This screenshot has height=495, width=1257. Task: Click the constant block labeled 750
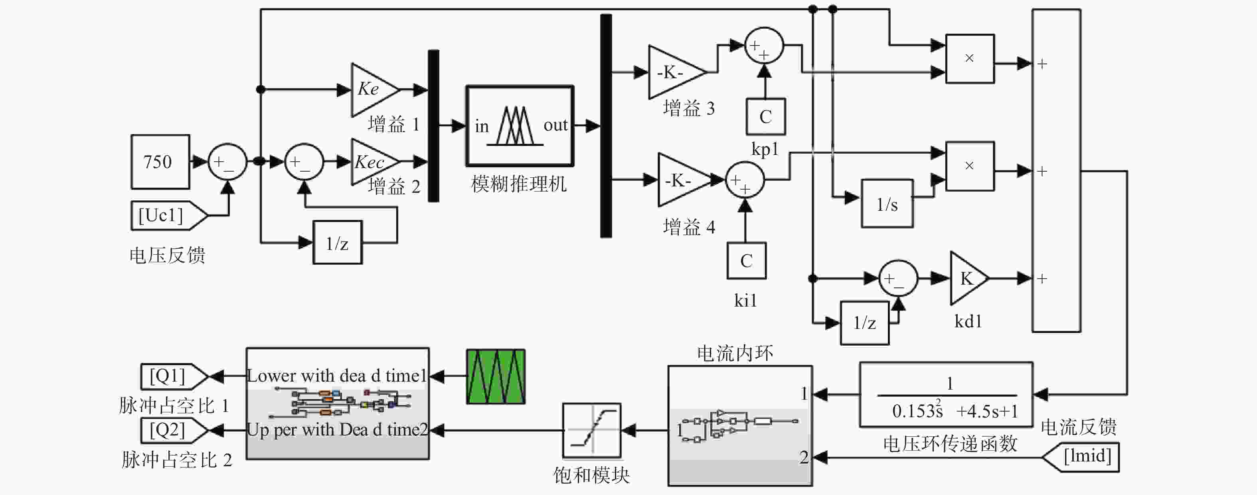click(160, 162)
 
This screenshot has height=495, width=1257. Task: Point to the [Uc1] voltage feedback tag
click(169, 215)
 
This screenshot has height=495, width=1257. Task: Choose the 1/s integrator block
click(887, 204)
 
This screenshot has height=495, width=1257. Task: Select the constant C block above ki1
click(747, 261)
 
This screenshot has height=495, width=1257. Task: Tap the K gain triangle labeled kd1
click(968, 278)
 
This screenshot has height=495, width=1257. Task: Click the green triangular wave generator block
click(496, 376)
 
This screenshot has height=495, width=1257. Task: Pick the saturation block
click(591, 431)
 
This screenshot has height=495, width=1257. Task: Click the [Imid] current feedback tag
click(1080, 457)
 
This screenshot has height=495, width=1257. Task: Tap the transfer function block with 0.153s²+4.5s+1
click(946, 394)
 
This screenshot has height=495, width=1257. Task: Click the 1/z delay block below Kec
click(337, 243)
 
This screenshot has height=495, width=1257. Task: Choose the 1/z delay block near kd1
click(865, 323)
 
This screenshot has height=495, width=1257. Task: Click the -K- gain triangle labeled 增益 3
click(676, 72)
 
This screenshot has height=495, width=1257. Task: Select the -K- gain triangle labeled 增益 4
click(684, 180)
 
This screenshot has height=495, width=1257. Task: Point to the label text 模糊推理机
click(519, 184)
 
